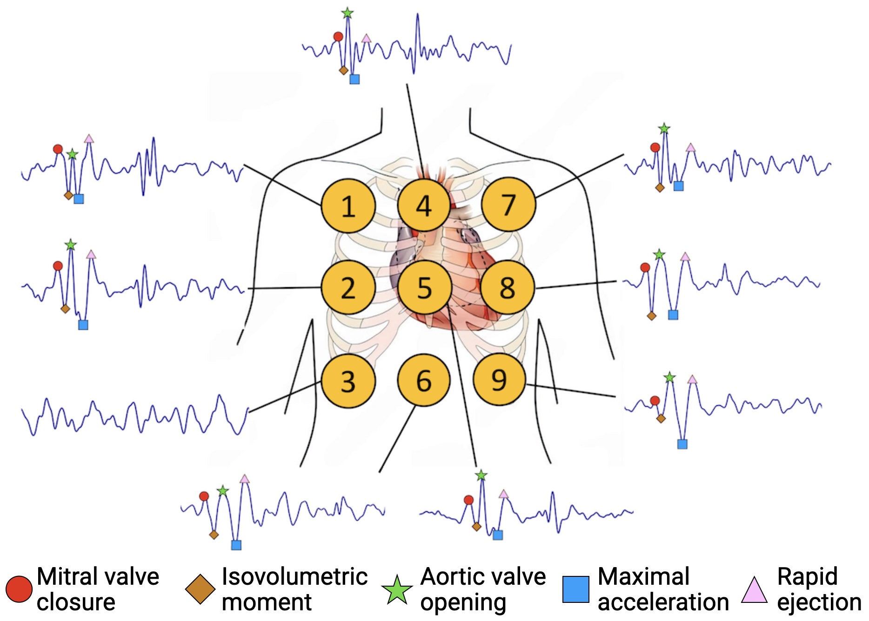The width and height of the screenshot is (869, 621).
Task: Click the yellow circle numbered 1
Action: coord(348,206)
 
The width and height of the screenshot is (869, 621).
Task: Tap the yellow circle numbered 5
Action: coord(424,287)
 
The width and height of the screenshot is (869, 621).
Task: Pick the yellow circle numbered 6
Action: coord(423,380)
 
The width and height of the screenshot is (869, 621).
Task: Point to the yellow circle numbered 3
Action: coord(348,381)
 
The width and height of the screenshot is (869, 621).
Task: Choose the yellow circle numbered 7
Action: coord(508,205)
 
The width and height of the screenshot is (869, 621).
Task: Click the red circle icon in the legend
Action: coord(19,589)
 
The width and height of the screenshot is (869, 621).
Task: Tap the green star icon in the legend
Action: coord(397,590)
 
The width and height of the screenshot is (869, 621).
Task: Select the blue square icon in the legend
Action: coord(575,589)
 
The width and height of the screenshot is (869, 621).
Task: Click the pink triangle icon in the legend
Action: coord(754,590)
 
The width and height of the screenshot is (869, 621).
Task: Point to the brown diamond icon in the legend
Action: coord(200,589)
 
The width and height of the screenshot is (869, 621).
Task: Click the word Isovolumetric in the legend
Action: coord(294,577)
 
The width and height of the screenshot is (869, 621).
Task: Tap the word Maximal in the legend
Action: coord(643,577)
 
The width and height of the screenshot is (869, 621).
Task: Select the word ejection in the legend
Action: coord(819,602)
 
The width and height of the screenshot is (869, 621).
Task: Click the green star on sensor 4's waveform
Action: coord(347,13)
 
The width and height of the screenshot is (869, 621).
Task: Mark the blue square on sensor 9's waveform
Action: coord(682,444)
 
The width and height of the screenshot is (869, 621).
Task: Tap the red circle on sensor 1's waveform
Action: coord(58,149)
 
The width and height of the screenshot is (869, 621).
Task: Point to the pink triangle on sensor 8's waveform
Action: coord(685,257)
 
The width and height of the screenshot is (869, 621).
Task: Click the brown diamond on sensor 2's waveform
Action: coord(65,309)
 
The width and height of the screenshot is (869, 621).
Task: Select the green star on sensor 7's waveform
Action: coord(664,128)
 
